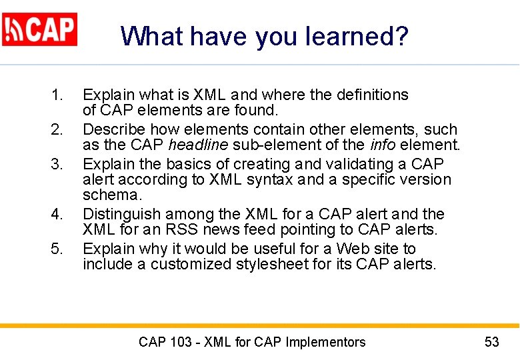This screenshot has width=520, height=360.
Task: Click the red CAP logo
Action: click(x=40, y=29)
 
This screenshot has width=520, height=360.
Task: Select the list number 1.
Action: click(x=57, y=95)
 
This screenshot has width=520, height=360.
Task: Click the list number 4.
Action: click(x=57, y=215)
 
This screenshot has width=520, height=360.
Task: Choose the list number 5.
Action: click(x=57, y=249)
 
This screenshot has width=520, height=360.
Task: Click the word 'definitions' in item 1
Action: click(x=370, y=95)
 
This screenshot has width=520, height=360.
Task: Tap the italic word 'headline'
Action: click(x=197, y=145)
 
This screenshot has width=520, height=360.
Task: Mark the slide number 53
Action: click(x=491, y=343)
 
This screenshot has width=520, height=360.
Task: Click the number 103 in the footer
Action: click(x=181, y=343)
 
